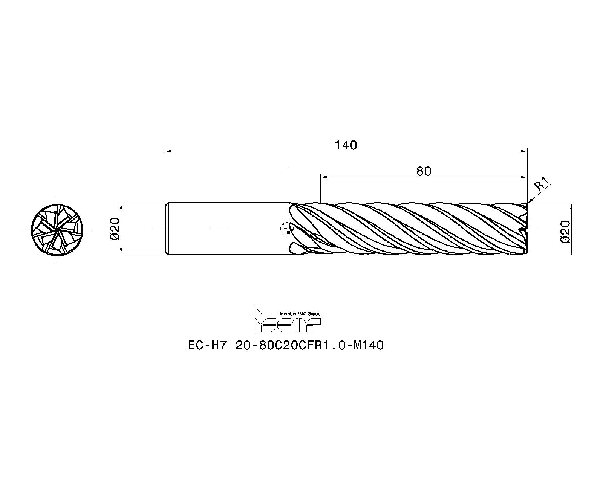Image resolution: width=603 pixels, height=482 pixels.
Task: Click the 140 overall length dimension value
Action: tap(346, 145)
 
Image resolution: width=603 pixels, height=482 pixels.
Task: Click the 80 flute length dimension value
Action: tap(424, 171)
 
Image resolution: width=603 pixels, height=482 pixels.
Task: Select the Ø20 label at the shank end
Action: tap(115, 229)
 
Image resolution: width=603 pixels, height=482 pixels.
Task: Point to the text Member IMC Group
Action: tap(300, 314)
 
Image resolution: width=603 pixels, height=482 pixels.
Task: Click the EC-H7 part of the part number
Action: tap(206, 345)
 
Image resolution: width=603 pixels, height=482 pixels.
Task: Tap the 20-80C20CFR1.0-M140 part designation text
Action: tap(309, 345)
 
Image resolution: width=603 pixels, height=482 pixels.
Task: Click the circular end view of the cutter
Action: tap(57, 230)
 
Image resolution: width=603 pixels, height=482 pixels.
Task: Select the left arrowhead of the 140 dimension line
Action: tap(169, 151)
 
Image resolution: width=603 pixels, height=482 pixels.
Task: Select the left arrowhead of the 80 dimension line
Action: tap(324, 177)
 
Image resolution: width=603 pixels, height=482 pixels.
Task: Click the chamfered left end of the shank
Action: tap(166, 229)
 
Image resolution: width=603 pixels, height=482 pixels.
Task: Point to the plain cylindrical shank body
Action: tap(226, 229)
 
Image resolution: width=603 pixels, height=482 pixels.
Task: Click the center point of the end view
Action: tap(57, 230)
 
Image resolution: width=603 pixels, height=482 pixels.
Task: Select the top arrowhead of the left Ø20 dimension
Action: tap(121, 206)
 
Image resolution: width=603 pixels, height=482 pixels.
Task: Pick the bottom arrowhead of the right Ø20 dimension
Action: tap(572, 252)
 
